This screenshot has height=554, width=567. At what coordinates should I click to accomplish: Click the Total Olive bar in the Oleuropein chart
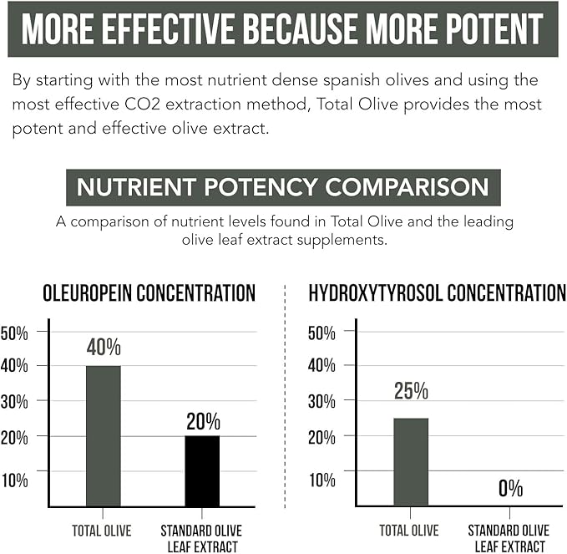click(x=103, y=435)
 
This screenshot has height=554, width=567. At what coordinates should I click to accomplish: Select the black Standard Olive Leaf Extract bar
click(x=202, y=470)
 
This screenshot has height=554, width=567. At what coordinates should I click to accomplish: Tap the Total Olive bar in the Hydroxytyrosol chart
click(x=410, y=461)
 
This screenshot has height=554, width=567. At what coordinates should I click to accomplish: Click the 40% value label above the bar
click(x=104, y=347)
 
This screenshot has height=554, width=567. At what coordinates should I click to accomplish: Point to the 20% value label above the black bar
click(x=203, y=420)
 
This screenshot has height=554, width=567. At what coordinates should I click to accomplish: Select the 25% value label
click(x=410, y=390)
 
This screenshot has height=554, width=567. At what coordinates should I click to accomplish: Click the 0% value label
click(x=510, y=488)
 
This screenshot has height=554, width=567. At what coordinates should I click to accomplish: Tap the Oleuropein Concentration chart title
click(x=149, y=293)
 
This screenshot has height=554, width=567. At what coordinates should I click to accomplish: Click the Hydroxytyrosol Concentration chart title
click(x=437, y=293)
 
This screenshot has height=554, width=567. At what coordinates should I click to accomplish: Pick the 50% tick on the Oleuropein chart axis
click(x=14, y=333)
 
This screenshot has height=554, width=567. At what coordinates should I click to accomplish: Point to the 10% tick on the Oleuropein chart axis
click(x=14, y=480)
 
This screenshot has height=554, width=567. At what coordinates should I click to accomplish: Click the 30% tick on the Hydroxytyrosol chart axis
click(x=321, y=400)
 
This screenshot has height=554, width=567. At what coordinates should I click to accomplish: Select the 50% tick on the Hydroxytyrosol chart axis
click(x=321, y=333)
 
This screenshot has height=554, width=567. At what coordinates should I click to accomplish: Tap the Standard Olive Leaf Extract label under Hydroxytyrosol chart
click(x=509, y=538)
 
